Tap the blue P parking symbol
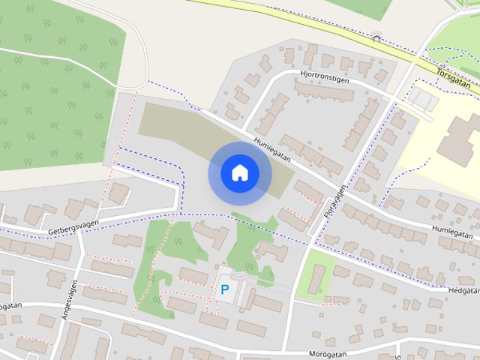point(224,289)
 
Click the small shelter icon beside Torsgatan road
point(376,35)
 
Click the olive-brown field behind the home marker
point(172,124)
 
